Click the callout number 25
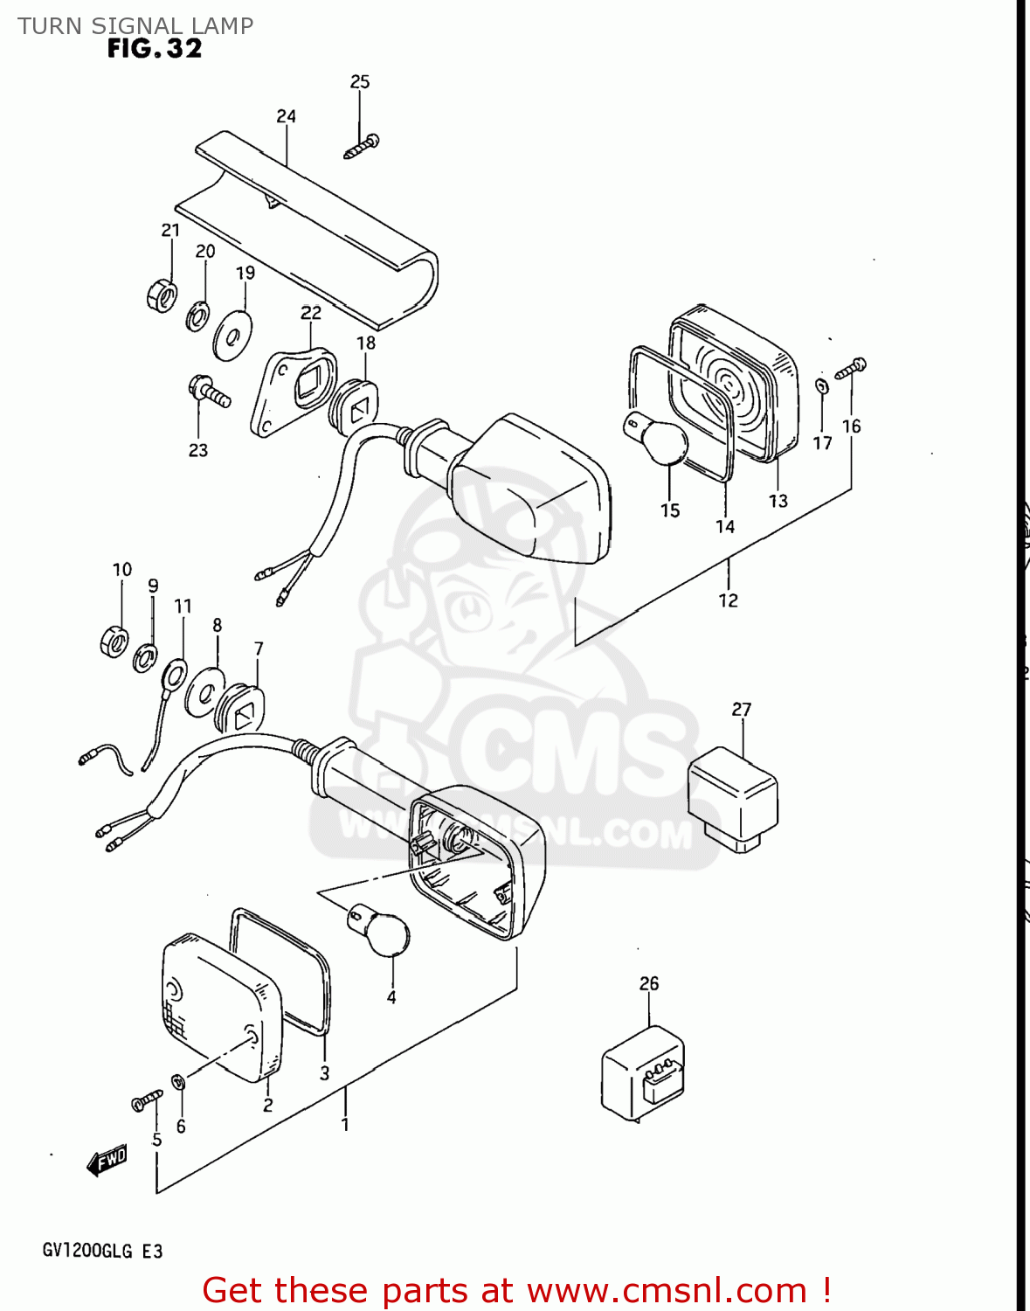click(x=360, y=81)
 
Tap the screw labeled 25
click(x=362, y=146)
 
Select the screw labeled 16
click(x=850, y=369)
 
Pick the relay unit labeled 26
click(x=643, y=1072)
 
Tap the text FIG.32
click(x=155, y=49)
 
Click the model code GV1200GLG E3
click(x=102, y=1251)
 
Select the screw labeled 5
click(x=147, y=1100)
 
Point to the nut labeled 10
click(x=114, y=642)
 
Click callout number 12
click(x=728, y=600)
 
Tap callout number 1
click(x=345, y=1124)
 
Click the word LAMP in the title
click(x=223, y=26)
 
